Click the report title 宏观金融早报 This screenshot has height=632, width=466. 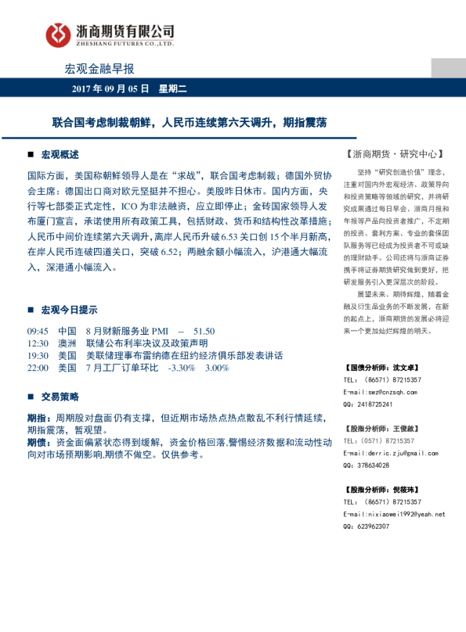(x=99, y=68)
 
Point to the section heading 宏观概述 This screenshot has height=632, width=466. (x=60, y=154)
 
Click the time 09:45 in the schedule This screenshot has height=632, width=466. (x=38, y=331)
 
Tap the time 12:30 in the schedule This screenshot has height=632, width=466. (x=38, y=343)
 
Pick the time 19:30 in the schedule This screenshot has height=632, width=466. (x=38, y=354)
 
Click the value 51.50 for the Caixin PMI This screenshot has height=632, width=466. (x=203, y=331)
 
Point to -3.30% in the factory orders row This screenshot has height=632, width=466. (x=181, y=367)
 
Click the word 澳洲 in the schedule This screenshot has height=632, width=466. (x=67, y=343)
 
